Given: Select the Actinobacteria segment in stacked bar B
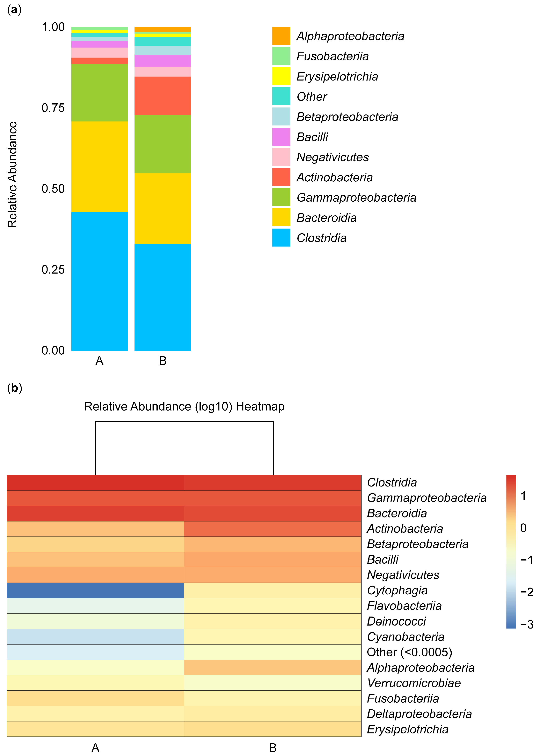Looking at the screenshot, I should (x=163, y=96).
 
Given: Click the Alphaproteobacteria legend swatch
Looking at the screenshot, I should (x=281, y=36).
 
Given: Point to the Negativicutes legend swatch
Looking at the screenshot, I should (x=281, y=157).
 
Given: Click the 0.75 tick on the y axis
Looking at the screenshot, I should (x=53, y=108).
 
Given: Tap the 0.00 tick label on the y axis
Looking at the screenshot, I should (x=53, y=350).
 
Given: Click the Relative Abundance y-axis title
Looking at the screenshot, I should (x=12, y=174).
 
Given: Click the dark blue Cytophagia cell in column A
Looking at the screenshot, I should (x=96, y=590).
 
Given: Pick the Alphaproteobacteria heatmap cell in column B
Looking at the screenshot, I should (x=273, y=667).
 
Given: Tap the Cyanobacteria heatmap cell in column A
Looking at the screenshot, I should (x=96, y=636).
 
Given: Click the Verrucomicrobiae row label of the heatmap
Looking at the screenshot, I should (x=414, y=683).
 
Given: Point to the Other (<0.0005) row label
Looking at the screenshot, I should (x=409, y=652).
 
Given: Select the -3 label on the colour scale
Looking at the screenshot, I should (x=526, y=624).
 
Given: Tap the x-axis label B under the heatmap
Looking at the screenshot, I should (x=273, y=747).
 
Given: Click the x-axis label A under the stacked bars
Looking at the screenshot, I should (x=99, y=361).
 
